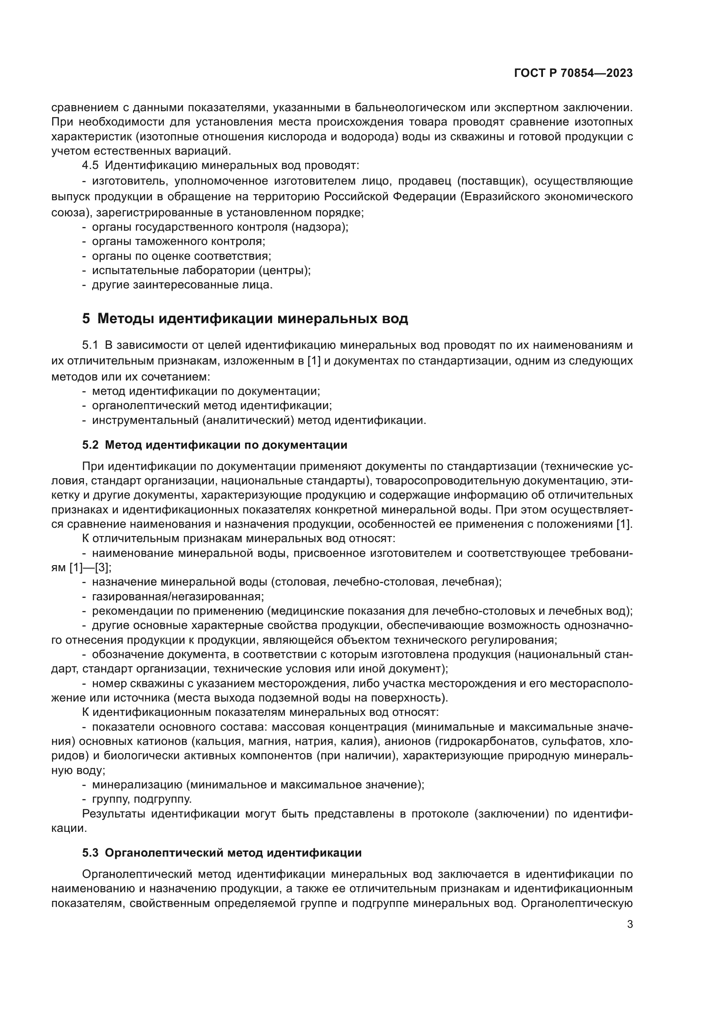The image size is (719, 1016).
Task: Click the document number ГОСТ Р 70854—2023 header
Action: tap(573, 73)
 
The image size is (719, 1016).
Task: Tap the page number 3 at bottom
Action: tap(630, 924)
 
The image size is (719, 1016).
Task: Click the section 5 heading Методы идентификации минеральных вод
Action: tap(245, 318)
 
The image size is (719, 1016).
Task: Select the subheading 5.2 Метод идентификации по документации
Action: tap(215, 445)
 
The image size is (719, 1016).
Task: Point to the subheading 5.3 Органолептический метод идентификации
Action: tap(222, 853)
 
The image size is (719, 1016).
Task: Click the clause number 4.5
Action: tap(90, 165)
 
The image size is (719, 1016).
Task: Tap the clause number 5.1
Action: tap(90, 345)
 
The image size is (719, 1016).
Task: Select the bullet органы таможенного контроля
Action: tap(178, 242)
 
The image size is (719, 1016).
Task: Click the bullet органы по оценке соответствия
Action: tap(182, 256)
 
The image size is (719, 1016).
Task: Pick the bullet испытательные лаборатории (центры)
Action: tap(201, 270)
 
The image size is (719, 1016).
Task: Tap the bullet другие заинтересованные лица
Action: tap(183, 285)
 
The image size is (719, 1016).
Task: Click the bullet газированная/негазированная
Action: tap(177, 597)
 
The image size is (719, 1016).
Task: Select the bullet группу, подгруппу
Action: tap(142, 799)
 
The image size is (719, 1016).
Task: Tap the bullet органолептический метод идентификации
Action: tap(212, 406)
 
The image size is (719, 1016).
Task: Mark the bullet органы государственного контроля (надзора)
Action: tap(220, 228)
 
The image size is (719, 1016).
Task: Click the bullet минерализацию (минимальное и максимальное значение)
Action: tap(258, 785)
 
